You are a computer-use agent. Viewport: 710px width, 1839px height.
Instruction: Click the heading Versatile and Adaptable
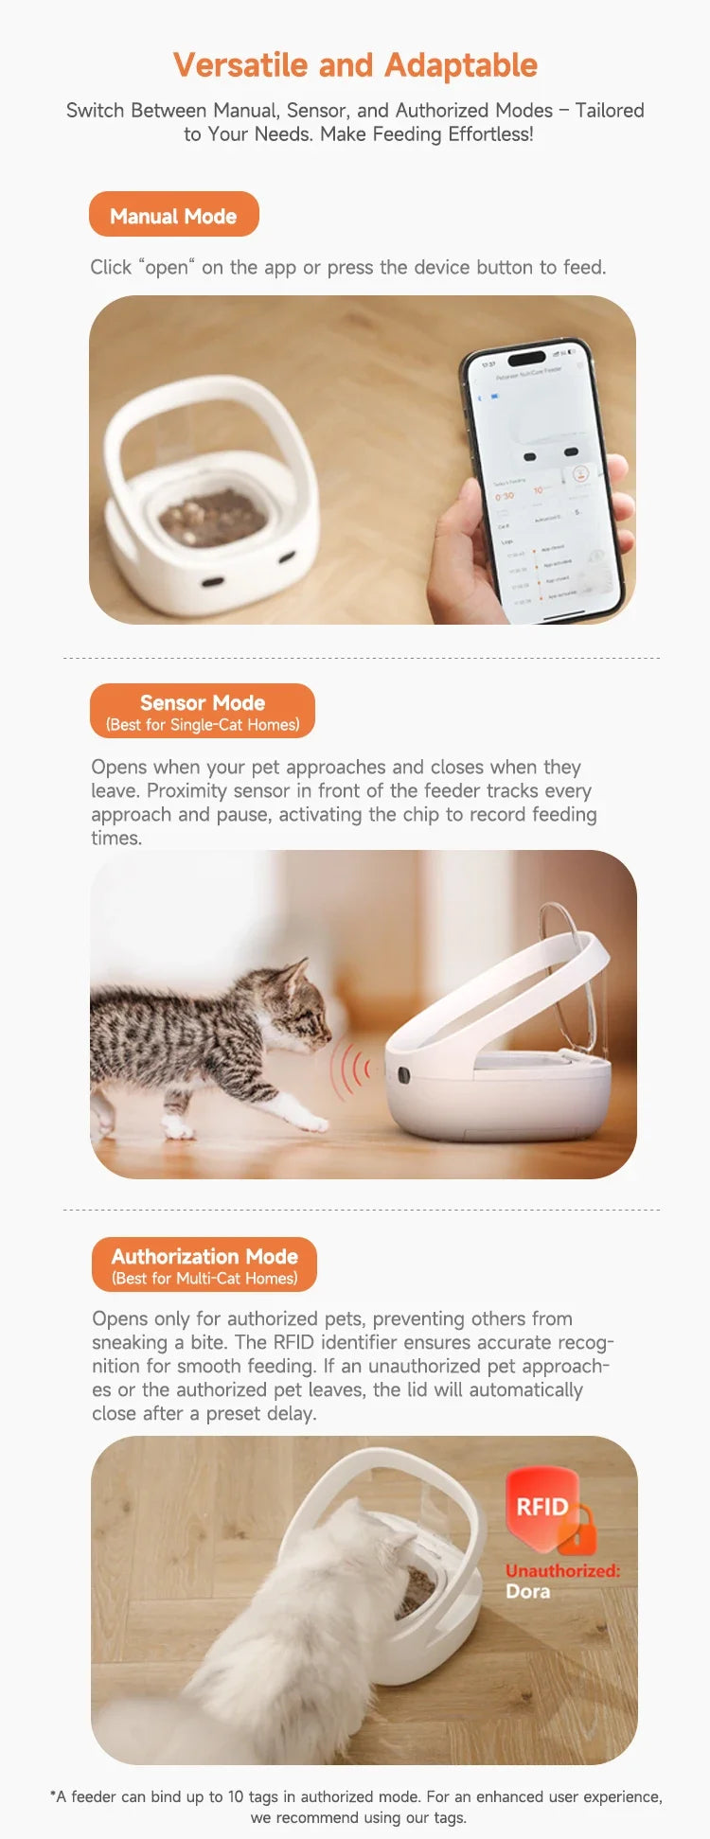(355, 65)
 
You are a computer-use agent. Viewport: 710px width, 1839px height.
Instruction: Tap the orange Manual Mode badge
(173, 215)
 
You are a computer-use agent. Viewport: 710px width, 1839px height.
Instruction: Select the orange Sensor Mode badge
(203, 711)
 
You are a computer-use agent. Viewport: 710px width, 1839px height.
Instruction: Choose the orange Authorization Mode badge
(204, 1264)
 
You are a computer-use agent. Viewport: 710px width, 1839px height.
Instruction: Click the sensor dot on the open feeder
(403, 1075)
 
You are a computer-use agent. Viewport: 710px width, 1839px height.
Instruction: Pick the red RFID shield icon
(541, 1506)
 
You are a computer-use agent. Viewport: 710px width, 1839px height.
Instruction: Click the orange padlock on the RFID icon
(577, 1532)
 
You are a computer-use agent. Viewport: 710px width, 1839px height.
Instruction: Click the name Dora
(527, 1591)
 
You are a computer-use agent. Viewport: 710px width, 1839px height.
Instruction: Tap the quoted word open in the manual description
(167, 268)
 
